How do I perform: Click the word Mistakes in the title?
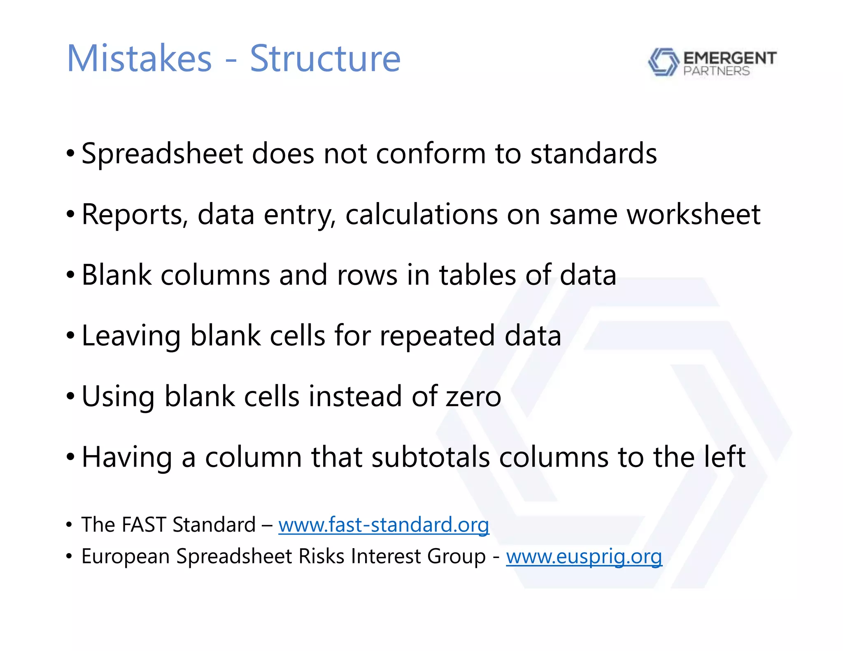click(x=139, y=58)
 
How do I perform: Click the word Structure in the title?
click(x=325, y=58)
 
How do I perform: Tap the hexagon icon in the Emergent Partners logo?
click(x=663, y=62)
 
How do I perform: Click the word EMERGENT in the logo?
click(x=730, y=58)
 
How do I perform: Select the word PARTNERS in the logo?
click(x=716, y=71)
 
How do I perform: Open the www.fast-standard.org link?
click(x=384, y=525)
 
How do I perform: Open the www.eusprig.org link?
click(x=584, y=556)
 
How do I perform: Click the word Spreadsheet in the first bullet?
click(x=162, y=154)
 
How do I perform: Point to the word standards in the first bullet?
click(x=594, y=154)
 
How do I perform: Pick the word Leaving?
click(x=131, y=336)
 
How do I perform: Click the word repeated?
click(x=437, y=336)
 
